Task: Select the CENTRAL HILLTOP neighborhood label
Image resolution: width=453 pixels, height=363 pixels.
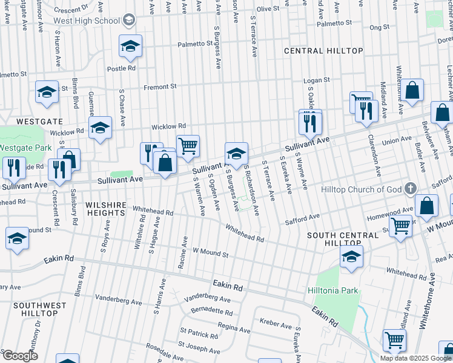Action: tap(324, 51)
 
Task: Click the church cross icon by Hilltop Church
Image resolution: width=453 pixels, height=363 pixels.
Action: tap(410, 188)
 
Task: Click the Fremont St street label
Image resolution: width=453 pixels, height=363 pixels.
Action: tap(160, 87)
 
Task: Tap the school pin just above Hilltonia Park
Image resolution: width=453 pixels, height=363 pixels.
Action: tap(351, 257)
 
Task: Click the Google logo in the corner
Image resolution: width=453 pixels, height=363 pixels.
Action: tap(20, 356)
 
